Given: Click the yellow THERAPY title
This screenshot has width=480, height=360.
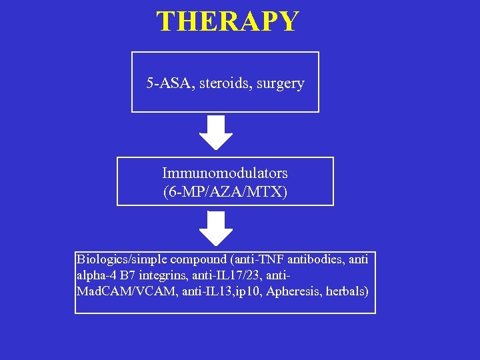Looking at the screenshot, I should point(228,21).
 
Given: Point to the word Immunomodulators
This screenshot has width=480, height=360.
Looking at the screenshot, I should point(225,173).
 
